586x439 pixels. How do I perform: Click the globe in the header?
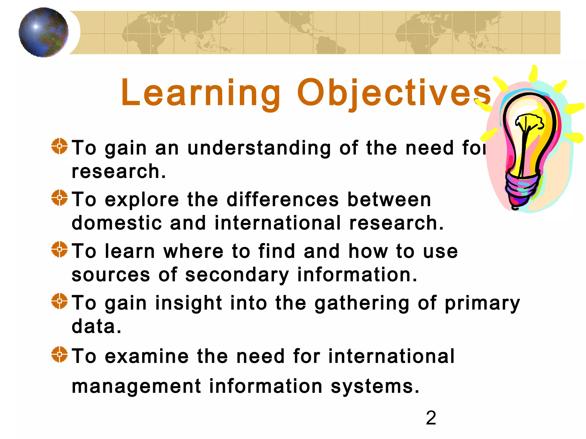pos(43,32)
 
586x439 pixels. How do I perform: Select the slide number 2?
pos(431,418)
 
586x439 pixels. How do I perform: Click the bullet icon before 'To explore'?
pos(60,197)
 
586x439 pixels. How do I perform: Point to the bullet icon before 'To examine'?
pos(60,354)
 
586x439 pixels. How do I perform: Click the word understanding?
pos(259,149)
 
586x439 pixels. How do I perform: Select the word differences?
pos(283,199)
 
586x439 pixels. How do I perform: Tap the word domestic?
pos(116,223)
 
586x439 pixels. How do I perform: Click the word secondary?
pos(237,275)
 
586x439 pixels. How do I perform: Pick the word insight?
pos(189,303)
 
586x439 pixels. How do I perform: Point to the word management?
pos(136,386)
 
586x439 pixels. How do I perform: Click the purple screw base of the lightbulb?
pos(521,189)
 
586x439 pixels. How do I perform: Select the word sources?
pos(111,275)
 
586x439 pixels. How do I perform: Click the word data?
pos(96,326)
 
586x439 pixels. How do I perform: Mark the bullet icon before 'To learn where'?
pos(60,249)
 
